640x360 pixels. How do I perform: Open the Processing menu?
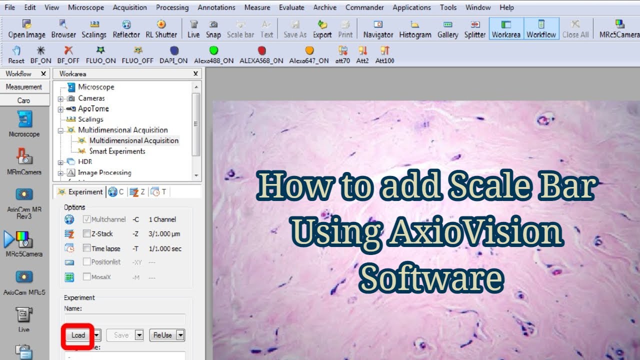click(172, 7)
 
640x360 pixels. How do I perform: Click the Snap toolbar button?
click(213, 29)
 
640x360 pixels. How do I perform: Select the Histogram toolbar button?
click(415, 29)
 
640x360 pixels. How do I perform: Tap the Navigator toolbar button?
click(378, 29)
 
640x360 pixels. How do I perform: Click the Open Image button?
click(26, 29)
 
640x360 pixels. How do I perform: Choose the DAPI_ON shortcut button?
click(173, 54)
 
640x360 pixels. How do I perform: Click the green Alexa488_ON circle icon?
click(213, 50)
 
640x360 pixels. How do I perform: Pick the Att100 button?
click(385, 54)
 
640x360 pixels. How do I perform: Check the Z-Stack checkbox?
click(87, 233)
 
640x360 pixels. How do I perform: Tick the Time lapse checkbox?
click(87, 248)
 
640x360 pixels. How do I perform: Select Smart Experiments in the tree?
click(117, 151)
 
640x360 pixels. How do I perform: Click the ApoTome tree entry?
click(93, 108)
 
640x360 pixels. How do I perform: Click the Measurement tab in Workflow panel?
click(23, 87)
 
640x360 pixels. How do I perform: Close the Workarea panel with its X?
click(196, 73)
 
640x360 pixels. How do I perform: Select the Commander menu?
click(364, 7)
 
